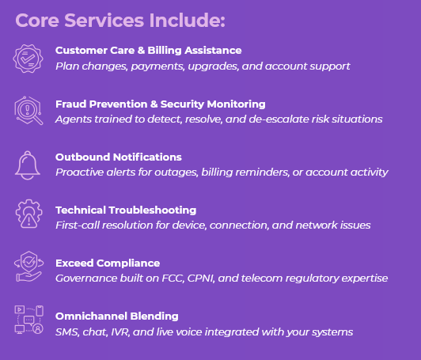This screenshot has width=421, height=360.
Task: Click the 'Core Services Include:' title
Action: pyautogui.click(x=120, y=21)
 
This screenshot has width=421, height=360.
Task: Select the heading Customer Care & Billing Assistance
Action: pyautogui.click(x=149, y=50)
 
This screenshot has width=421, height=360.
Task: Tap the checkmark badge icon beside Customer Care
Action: pyautogui.click(x=28, y=59)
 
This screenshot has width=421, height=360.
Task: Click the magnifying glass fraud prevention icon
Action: pyautogui.click(x=28, y=111)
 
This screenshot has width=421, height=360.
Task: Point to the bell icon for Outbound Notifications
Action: pyautogui.click(x=28, y=165)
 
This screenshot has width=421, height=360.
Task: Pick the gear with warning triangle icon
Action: pyautogui.click(x=28, y=214)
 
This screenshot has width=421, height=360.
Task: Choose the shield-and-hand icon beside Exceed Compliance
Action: pyautogui.click(x=28, y=267)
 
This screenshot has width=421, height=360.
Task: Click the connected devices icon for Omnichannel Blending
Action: pyautogui.click(x=28, y=320)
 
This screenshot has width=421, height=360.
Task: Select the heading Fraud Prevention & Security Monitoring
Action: pyautogui.click(x=161, y=104)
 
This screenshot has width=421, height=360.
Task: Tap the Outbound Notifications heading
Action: pyautogui.click(x=119, y=157)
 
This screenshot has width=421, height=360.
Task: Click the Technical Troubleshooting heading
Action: pyautogui.click(x=126, y=210)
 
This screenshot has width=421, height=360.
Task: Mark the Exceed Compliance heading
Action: pyautogui.click(x=108, y=263)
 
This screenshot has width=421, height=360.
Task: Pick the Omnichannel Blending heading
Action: pyautogui.click(x=117, y=316)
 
